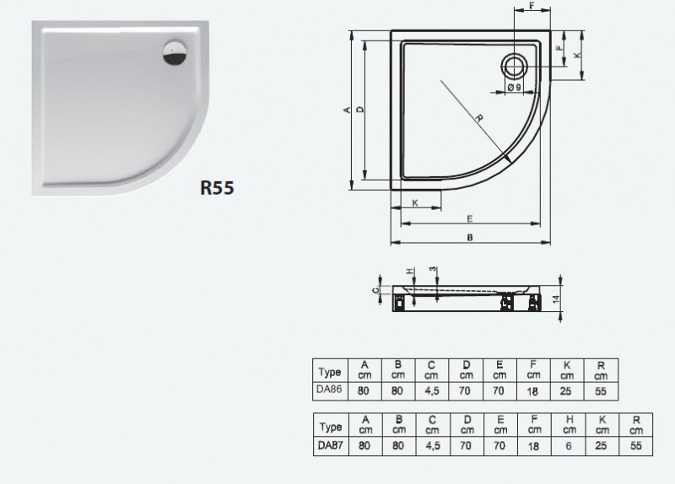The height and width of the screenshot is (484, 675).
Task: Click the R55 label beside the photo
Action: (x=217, y=187)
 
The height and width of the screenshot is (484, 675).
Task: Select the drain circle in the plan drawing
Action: (x=514, y=65)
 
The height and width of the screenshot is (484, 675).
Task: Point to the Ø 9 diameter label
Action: (x=513, y=87)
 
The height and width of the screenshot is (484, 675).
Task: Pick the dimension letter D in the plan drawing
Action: (x=359, y=110)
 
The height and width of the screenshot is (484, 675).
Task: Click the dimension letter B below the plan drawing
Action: (x=469, y=238)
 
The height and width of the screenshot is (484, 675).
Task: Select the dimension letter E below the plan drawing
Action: (x=469, y=218)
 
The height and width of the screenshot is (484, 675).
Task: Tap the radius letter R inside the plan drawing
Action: (x=478, y=117)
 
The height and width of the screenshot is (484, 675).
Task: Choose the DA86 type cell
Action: (x=328, y=390)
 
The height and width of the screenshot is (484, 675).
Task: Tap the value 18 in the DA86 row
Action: (x=533, y=390)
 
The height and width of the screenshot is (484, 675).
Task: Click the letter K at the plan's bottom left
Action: (x=415, y=203)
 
